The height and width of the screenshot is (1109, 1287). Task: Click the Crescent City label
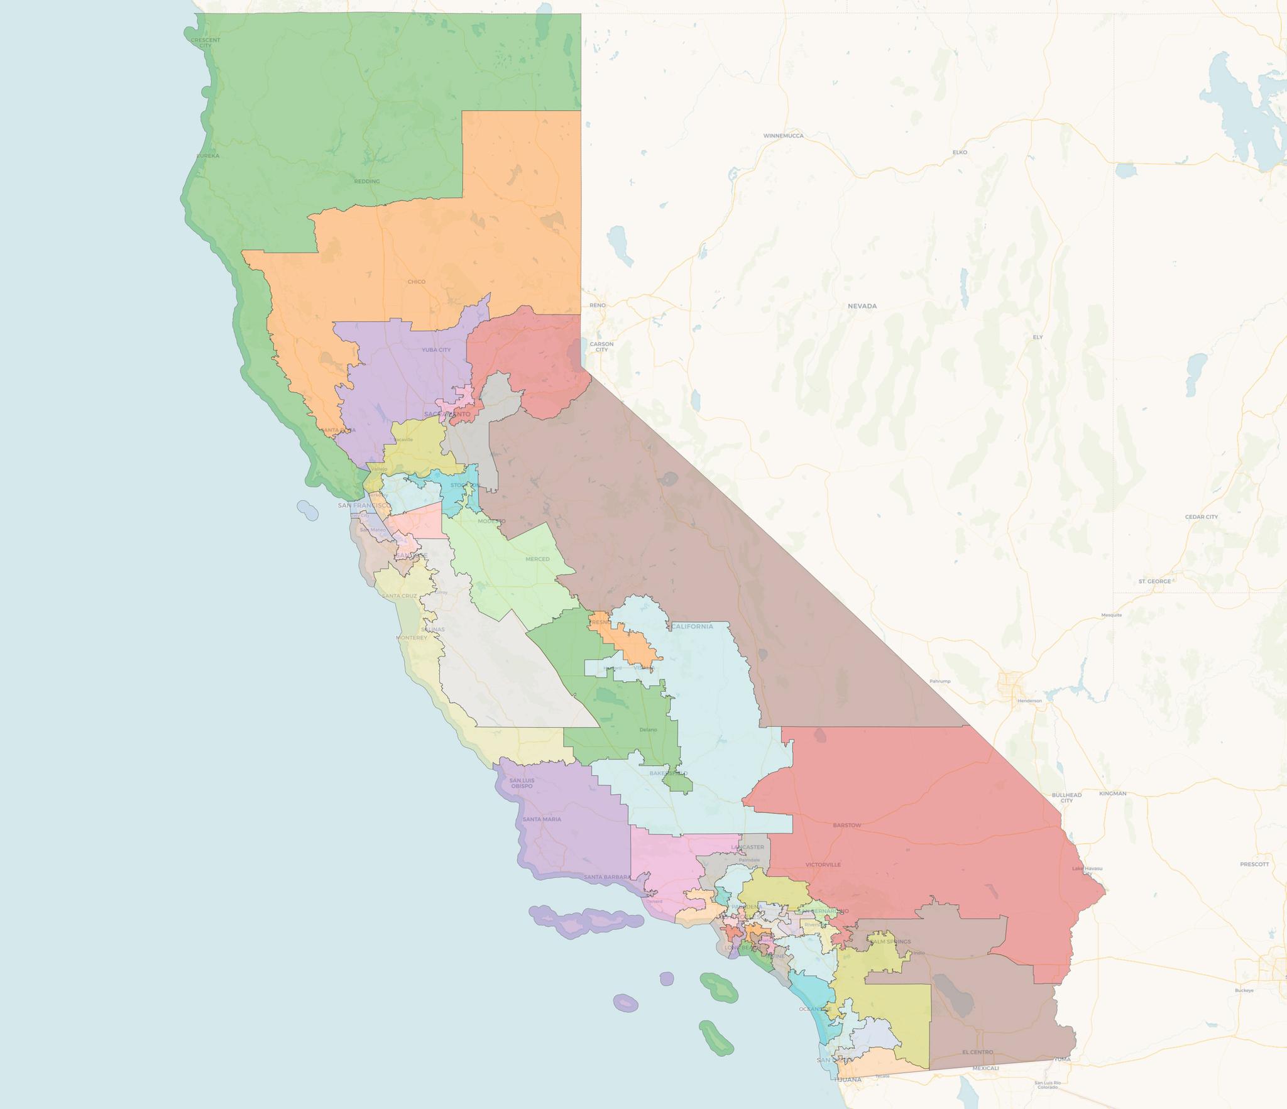tap(205, 43)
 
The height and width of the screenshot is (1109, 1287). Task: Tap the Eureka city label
tap(208, 156)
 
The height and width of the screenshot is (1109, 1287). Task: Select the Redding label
tap(367, 182)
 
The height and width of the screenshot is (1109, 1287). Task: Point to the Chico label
tap(416, 281)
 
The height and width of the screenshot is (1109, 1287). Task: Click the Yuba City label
tap(436, 350)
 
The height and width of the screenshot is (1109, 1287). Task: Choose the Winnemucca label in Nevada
tap(783, 136)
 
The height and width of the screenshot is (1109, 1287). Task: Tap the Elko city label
tap(960, 152)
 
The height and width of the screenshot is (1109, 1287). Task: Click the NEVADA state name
tap(862, 306)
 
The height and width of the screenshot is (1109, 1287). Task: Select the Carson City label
tap(601, 347)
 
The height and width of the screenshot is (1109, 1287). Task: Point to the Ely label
tap(1038, 337)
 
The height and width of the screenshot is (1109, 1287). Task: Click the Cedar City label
tap(1201, 517)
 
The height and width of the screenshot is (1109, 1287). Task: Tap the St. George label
tap(1154, 581)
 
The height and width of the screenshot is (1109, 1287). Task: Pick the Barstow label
tap(846, 826)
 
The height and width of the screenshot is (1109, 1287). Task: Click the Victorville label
tap(823, 865)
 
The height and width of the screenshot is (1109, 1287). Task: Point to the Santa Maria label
tap(542, 819)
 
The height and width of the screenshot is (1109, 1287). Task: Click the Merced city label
tap(537, 559)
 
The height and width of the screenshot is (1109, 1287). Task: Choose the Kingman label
tap(1112, 794)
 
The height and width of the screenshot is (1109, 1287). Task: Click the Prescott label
tap(1254, 864)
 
